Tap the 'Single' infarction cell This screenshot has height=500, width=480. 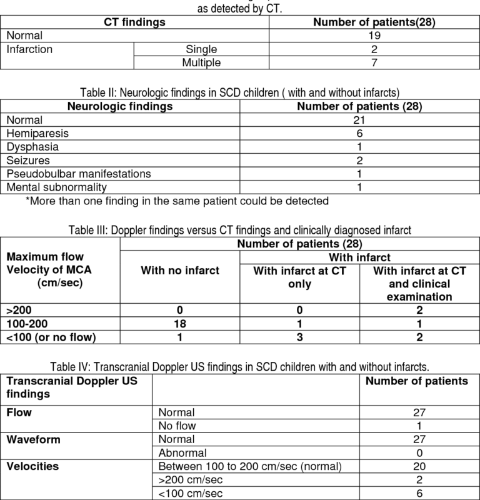coord(201,49)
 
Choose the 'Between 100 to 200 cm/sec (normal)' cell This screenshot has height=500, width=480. coord(246,466)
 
